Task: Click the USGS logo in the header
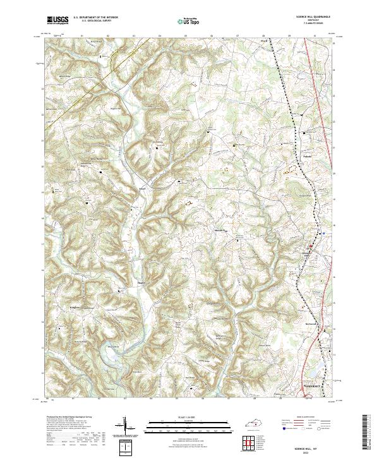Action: pyautogui.click(x=57, y=21)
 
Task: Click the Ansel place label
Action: pyautogui.click(x=143, y=188)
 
